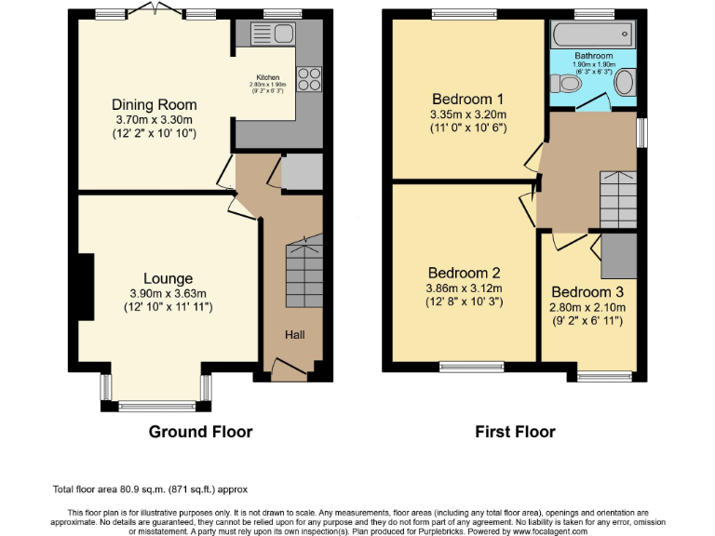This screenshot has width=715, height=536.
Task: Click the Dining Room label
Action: (154, 104)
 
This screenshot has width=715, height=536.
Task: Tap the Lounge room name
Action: (168, 278)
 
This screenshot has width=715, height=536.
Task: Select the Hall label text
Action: (294, 335)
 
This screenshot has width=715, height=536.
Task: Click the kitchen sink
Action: (273, 36)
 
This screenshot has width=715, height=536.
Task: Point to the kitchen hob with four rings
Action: (308, 79)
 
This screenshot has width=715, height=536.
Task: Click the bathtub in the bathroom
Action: (591, 35)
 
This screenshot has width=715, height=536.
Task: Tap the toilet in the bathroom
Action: (566, 84)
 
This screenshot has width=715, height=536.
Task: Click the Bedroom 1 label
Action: (467, 100)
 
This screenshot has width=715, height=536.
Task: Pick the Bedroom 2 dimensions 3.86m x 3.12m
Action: (463, 288)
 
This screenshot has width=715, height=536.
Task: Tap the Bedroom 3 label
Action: (587, 291)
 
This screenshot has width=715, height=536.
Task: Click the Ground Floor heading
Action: (200, 432)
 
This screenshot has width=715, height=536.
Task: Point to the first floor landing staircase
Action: (615, 198)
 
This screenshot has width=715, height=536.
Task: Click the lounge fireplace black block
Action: (85, 288)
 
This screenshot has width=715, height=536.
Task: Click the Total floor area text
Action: (149, 489)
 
